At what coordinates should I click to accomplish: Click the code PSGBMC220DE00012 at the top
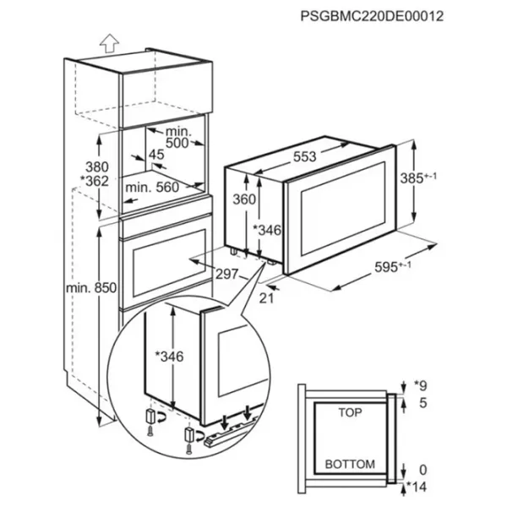(372, 16)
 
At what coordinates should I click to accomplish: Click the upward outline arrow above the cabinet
(109, 43)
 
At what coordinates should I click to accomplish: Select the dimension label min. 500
(177, 137)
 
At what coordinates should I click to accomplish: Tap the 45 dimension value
(156, 155)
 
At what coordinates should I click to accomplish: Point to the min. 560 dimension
(152, 188)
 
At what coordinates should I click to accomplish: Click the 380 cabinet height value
(97, 167)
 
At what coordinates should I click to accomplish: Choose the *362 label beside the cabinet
(95, 181)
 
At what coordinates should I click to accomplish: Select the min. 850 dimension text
(91, 287)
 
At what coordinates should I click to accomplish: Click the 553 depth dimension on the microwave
(304, 156)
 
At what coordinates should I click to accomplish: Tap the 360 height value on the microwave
(244, 199)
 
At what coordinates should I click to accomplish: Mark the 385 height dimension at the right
(418, 177)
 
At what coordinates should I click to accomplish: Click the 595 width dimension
(393, 267)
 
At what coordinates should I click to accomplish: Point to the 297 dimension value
(226, 274)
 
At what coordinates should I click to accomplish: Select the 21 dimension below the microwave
(266, 298)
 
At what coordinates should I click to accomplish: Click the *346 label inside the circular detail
(169, 357)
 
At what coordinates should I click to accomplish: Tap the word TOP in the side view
(350, 412)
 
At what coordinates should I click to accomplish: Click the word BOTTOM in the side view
(350, 464)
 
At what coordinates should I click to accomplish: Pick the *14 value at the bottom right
(417, 487)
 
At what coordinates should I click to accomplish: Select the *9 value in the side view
(421, 385)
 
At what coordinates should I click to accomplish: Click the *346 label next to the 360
(267, 230)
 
